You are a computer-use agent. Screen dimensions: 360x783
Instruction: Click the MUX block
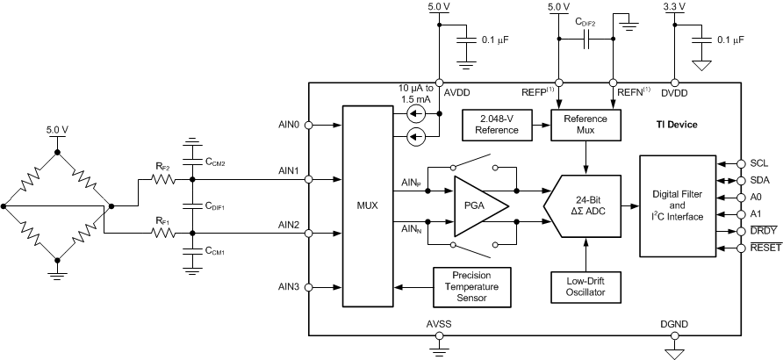(367, 205)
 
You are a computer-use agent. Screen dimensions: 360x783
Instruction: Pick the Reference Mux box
(585, 124)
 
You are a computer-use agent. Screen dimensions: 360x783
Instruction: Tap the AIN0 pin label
(291, 126)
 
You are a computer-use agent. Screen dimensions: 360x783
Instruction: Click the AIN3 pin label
(291, 286)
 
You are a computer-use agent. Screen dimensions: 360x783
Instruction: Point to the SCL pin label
(759, 163)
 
